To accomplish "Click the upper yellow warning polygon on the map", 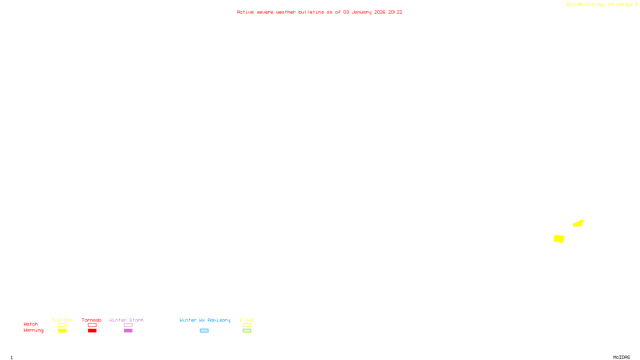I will click(578, 223).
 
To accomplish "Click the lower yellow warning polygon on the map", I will click(559, 239).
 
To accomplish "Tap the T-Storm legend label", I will click(62, 320).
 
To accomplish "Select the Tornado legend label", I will click(92, 320).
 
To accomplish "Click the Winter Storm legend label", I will click(126, 320).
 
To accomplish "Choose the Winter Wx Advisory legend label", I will click(205, 320).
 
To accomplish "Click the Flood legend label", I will click(247, 320).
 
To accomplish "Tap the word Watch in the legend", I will click(31, 324).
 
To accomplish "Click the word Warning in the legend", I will click(33, 330).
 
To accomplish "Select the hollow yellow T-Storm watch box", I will click(62, 325).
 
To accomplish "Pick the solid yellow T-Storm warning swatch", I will click(62, 331).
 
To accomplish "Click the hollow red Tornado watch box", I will click(92, 325).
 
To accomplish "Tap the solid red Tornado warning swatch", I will click(92, 331).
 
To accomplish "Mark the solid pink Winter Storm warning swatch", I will click(128, 331).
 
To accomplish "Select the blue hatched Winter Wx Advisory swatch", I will click(204, 331).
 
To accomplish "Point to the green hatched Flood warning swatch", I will click(247, 331).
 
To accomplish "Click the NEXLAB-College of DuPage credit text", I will click(599, 5).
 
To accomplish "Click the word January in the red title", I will click(361, 12).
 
